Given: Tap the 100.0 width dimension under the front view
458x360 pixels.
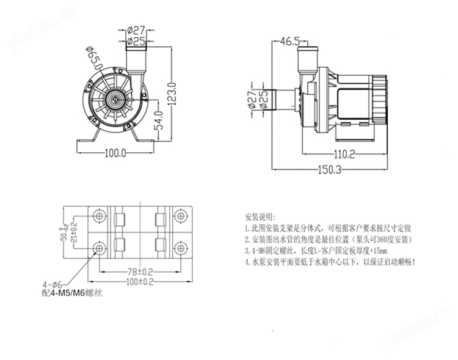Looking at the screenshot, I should pos(115,153).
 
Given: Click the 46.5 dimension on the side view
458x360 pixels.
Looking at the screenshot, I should pos(289,42).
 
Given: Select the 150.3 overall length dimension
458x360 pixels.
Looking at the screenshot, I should pos(329,169).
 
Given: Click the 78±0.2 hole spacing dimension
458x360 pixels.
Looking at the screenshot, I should pos(139,270).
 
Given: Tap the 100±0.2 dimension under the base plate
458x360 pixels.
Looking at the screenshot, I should pos(139,281).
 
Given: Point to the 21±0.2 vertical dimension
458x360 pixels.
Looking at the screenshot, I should pos(75,233).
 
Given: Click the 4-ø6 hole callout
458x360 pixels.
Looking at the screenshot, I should pos(53,284).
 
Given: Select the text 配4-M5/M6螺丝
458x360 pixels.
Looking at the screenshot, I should pos(72,293).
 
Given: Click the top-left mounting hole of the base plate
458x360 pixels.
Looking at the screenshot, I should pos(100,216).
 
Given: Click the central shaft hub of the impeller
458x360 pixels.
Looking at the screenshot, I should pos(114,97).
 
